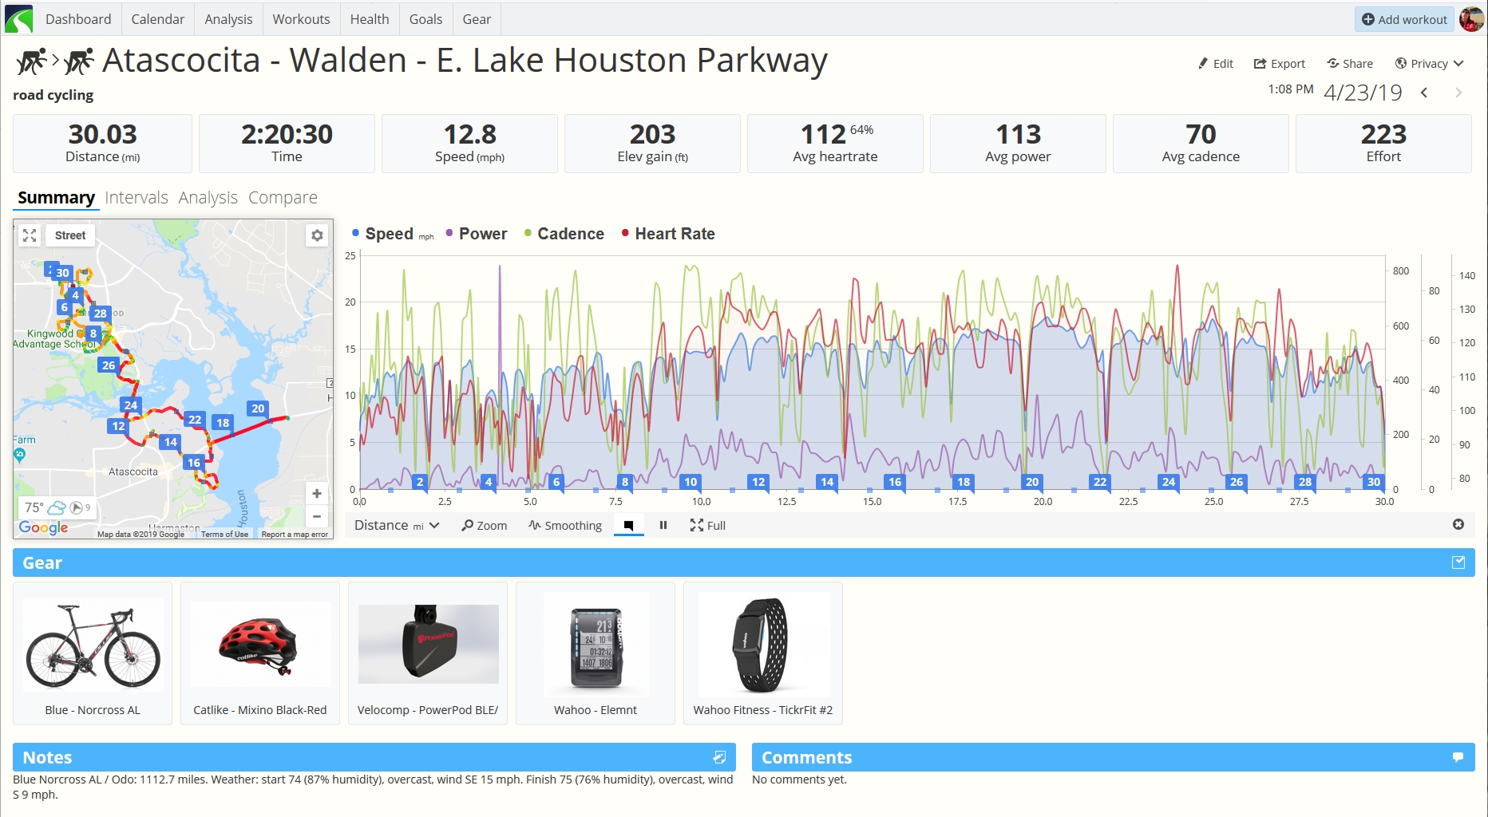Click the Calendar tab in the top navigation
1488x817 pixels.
pyautogui.click(x=157, y=19)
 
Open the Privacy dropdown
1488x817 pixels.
pyautogui.click(x=1428, y=64)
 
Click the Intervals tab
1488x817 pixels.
pyautogui.click(x=137, y=198)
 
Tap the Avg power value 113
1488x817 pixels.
pyautogui.click(x=1018, y=134)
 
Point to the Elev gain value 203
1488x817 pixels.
pyautogui.click(x=652, y=134)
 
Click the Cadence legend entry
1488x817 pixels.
pyautogui.click(x=570, y=234)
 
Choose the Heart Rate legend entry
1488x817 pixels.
pyautogui.click(x=674, y=234)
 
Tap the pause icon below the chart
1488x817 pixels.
pyautogui.click(x=663, y=525)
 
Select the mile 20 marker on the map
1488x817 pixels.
pyautogui.click(x=258, y=408)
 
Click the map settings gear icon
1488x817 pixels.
pyautogui.click(x=317, y=235)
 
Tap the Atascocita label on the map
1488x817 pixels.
pyautogui.click(x=133, y=472)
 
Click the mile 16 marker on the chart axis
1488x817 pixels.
pyautogui.click(x=895, y=482)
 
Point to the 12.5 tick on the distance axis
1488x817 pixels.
pyautogui.click(x=786, y=502)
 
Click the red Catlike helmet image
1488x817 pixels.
pyautogui.click(x=259, y=644)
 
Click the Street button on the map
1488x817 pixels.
pyautogui.click(x=70, y=235)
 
